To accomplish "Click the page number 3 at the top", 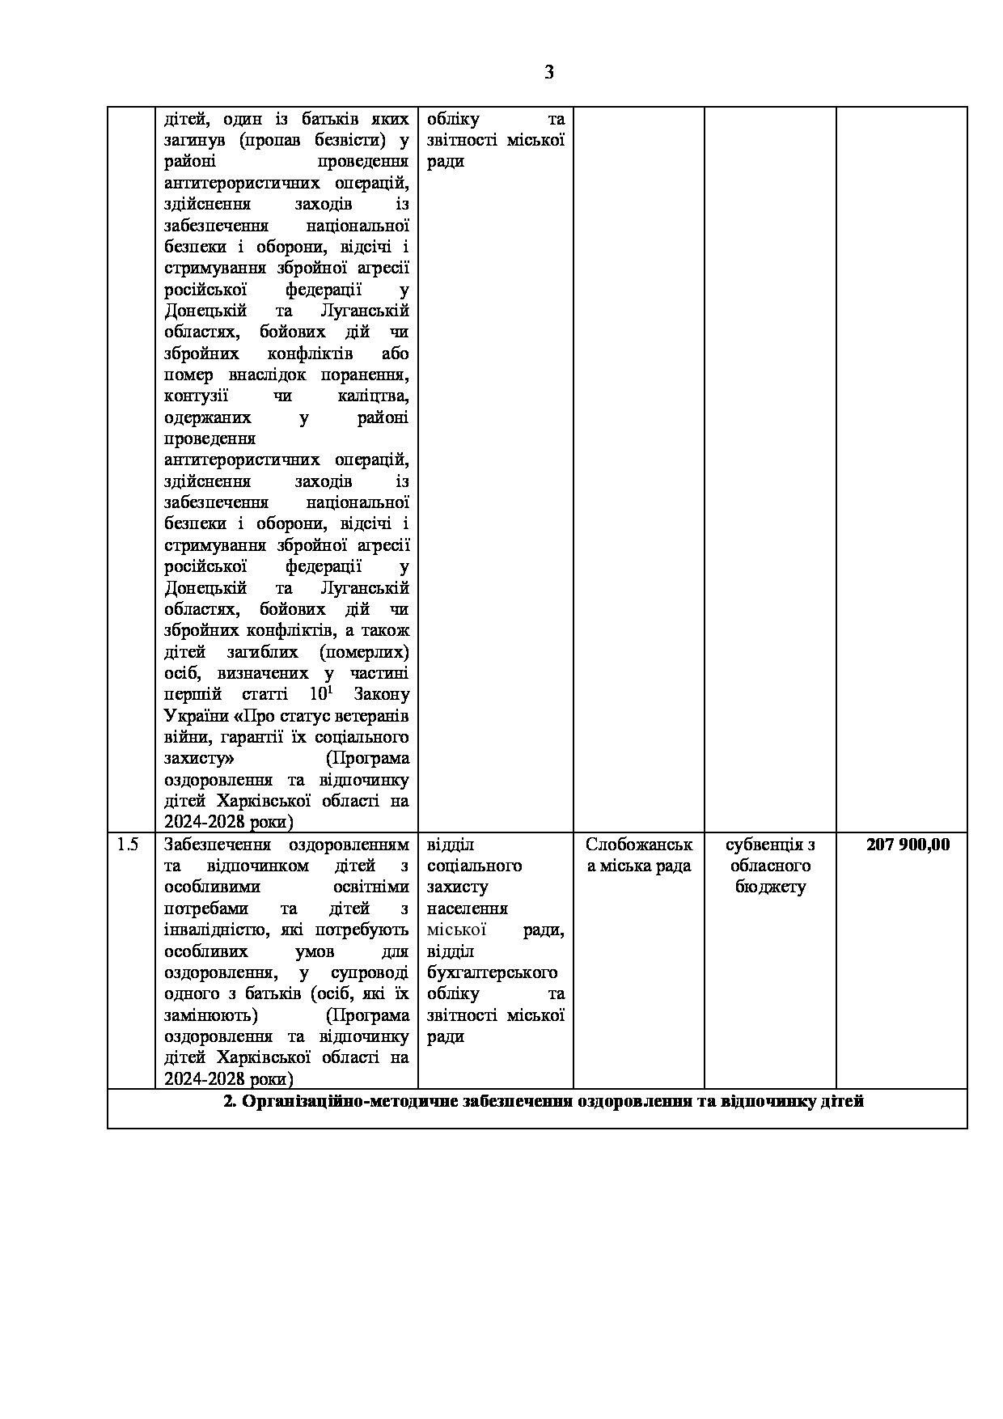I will pos(549,73).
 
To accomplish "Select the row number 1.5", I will pos(128,845).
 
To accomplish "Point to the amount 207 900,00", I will pos(908,845).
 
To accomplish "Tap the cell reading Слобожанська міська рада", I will pos(638,855).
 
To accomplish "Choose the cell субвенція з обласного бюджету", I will pos(769,866).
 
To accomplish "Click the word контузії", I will pos(196,396).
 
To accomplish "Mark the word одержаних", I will pos(207,418).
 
